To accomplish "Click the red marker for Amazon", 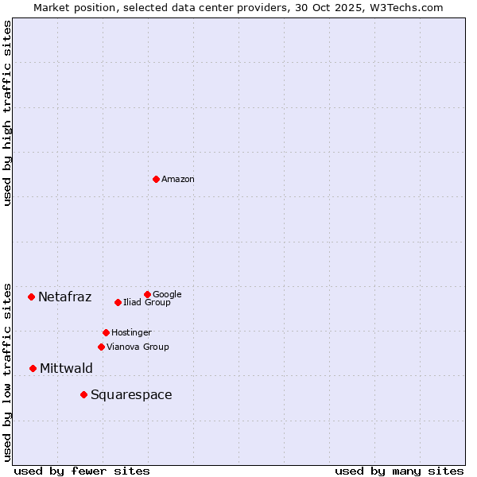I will pyautogui.click(x=156, y=179).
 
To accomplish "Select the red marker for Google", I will pyautogui.click(x=147, y=294).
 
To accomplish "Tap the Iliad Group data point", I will pyautogui.click(x=118, y=302).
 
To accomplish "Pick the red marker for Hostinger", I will pyautogui.click(x=106, y=332).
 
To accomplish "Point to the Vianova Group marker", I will pyautogui.click(x=101, y=347).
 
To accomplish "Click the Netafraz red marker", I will pyautogui.click(x=31, y=297).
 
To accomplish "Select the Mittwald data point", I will pyautogui.click(x=33, y=368).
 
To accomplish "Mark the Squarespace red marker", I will pyautogui.click(x=83, y=394).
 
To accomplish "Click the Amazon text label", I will pyautogui.click(x=178, y=180).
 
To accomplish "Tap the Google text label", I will pyautogui.click(x=167, y=294).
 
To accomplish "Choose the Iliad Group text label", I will pyautogui.click(x=147, y=302).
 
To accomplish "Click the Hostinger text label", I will pyautogui.click(x=131, y=332).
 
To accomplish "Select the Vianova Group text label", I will pyautogui.click(x=138, y=347).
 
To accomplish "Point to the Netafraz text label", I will pyautogui.click(x=64, y=297).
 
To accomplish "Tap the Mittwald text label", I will pyautogui.click(x=66, y=368).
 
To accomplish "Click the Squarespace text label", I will pyautogui.click(x=131, y=395).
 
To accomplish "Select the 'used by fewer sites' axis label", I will pyautogui.click(x=82, y=471).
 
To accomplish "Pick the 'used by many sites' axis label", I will pyautogui.click(x=399, y=471).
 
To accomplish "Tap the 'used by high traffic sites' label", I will pyautogui.click(x=8, y=113).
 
